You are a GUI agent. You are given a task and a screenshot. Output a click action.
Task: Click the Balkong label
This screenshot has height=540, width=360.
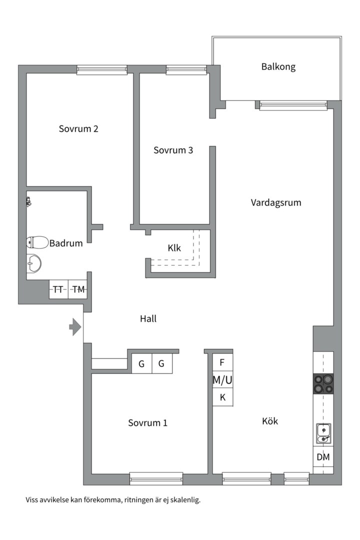278,66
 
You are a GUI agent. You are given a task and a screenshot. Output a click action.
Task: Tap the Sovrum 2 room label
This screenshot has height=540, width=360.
78,129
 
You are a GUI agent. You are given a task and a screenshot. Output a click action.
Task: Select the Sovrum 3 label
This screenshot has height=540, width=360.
173,150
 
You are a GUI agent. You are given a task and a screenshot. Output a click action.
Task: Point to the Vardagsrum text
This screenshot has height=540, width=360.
276,202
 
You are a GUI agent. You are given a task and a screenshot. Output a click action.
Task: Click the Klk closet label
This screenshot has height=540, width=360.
174,248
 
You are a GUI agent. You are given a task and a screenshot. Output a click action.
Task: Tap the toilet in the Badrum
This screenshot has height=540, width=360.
37,242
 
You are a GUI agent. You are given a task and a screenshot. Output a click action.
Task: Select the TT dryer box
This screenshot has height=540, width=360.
58,289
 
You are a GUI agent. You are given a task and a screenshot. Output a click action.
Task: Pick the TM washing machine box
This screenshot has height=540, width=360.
77,289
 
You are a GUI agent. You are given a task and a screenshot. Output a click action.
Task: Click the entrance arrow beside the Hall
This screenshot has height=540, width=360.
75,327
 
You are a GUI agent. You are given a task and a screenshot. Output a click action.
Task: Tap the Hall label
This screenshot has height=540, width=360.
148,319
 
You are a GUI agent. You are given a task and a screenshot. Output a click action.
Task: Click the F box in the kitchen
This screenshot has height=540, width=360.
222,362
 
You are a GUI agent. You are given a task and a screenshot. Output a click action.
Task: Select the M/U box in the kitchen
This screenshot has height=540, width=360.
222,380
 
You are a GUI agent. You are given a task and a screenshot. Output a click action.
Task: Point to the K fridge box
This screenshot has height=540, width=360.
222,397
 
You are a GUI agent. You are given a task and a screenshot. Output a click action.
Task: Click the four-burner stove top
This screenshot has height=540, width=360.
323,383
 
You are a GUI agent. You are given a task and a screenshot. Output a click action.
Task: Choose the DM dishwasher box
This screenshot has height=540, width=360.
323,457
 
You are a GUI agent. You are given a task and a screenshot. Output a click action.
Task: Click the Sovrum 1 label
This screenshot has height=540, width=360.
148,423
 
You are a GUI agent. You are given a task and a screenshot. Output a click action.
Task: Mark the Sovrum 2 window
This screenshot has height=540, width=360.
102,70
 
